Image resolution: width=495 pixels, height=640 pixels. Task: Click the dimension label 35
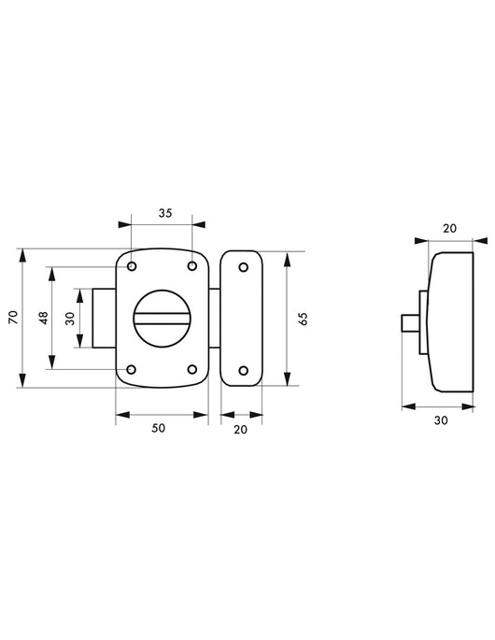pos(165,213)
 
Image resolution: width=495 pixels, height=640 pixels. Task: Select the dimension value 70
pos(14,317)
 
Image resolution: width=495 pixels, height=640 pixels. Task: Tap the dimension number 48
pos(43,318)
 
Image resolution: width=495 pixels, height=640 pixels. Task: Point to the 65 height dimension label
pos(303,319)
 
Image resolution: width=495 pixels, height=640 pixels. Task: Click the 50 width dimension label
pos(159,428)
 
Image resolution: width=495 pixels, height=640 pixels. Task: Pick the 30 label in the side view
pos(441,420)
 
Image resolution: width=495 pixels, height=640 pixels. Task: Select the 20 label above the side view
pos(450,228)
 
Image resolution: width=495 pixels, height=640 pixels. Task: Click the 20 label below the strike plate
pos(241,430)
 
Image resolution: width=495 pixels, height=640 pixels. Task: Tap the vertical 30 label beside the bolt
pos(70,319)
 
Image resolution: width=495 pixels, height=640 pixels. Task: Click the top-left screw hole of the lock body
pos(132,266)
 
